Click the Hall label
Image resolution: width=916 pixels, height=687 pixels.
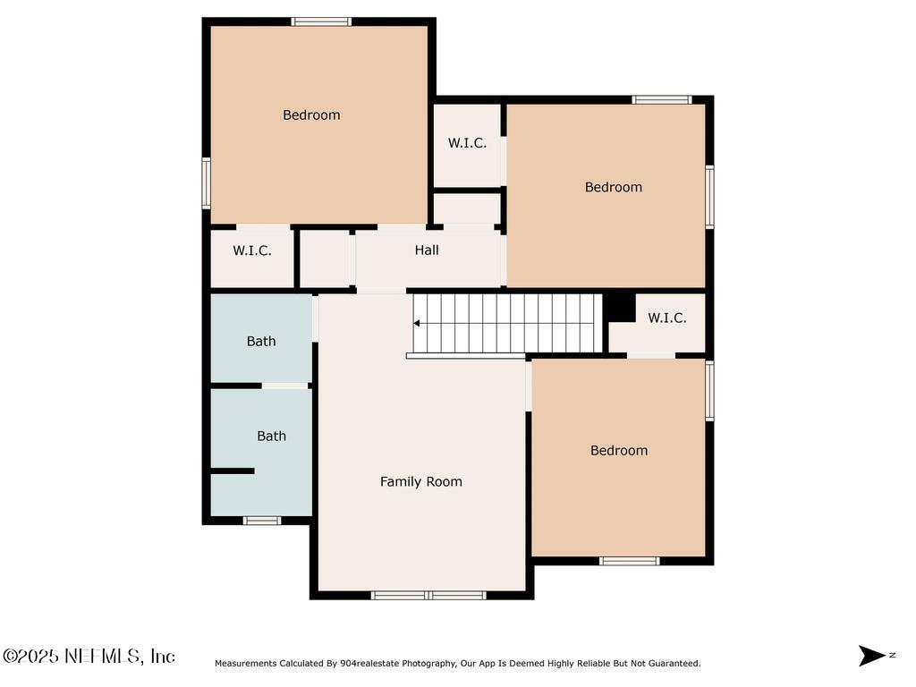tap(427, 250)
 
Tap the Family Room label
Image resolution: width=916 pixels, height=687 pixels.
tap(421, 481)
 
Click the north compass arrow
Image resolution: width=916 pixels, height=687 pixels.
tap(871, 656)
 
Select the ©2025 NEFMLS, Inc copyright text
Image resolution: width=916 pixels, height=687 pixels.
tap(89, 656)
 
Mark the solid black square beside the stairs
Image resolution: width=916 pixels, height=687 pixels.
tap(619, 307)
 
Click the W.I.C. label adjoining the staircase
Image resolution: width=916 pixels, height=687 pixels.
tap(667, 318)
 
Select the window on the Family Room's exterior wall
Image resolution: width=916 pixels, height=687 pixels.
tap(428, 595)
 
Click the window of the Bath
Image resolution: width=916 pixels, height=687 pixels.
tap(262, 521)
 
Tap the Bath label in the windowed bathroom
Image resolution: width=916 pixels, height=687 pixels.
tap(272, 436)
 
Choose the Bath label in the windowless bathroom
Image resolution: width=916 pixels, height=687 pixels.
tap(261, 341)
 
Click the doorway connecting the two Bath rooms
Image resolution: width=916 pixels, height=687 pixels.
tap(284, 386)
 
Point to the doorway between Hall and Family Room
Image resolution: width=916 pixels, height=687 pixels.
tap(381, 290)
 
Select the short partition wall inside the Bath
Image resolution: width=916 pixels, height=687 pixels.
tap(233, 471)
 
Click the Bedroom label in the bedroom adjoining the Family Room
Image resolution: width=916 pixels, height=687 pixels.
tap(619, 450)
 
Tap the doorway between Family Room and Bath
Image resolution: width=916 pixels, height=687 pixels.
tap(316, 318)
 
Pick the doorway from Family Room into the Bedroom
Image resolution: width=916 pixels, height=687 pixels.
tap(529, 386)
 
